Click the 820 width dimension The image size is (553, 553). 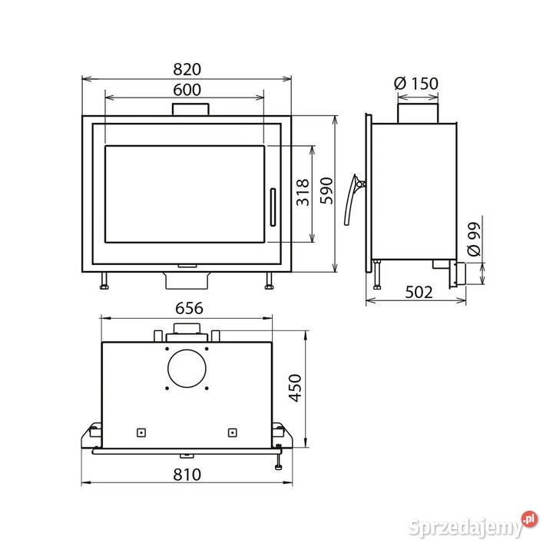coord(187,69)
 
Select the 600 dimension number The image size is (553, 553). coord(187,90)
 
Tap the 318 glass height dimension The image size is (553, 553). coord(303,192)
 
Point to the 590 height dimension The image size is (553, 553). coord(326,190)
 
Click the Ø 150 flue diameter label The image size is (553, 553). coord(416,84)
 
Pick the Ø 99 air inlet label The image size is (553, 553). coord(474,239)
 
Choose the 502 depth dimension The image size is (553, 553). coord(419,293)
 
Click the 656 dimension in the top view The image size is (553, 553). coord(190,309)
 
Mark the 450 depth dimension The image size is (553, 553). coord(295,388)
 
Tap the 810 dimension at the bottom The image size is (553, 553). coord(187,475)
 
